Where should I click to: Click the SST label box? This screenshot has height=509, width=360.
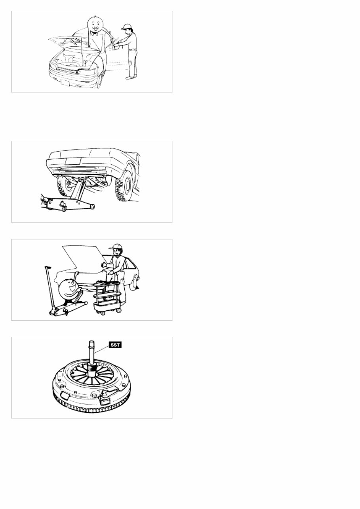click(115, 345)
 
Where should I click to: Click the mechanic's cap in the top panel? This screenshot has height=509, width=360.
click(127, 27)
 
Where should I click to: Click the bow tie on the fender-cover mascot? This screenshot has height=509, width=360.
click(95, 34)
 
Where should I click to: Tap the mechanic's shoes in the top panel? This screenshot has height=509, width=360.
click(131, 78)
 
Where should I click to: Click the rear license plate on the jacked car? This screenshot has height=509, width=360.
click(73, 161)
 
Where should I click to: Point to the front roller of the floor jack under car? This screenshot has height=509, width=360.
click(91, 206)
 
